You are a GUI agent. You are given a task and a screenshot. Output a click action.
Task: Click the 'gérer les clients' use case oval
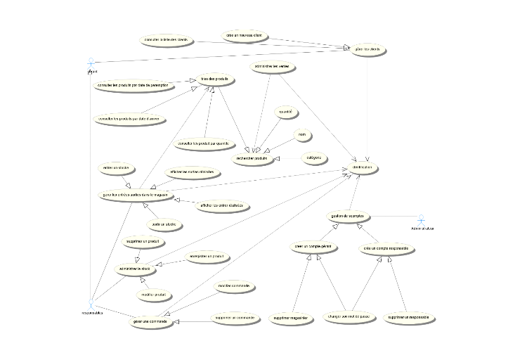(x=367, y=50)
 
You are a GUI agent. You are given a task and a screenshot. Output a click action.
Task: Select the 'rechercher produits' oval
(x=253, y=159)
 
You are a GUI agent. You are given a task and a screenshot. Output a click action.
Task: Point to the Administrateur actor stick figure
(x=422, y=219)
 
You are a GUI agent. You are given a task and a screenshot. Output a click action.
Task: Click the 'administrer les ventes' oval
(x=271, y=66)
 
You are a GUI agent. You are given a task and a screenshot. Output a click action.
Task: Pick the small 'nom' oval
(x=301, y=134)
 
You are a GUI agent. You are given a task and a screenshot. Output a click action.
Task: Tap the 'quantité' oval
(x=285, y=112)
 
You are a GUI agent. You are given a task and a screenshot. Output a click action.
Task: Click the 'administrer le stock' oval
(x=136, y=269)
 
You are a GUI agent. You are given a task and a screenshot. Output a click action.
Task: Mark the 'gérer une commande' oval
(x=150, y=321)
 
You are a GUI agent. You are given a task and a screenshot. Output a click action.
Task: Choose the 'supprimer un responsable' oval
(x=411, y=318)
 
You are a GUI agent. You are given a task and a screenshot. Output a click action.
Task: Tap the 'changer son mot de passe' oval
(x=349, y=317)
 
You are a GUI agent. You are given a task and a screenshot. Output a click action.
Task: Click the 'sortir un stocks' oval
(x=163, y=225)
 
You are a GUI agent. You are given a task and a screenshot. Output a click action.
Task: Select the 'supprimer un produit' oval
(x=143, y=241)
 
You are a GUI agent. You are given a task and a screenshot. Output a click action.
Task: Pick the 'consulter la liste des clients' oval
(x=165, y=40)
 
